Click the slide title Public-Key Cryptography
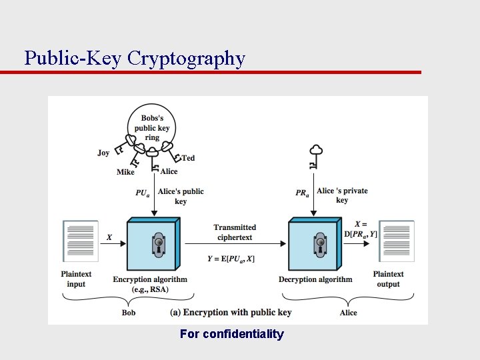[135, 59]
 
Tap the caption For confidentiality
[231, 334]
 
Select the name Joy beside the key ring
[103, 153]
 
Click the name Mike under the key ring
[125, 172]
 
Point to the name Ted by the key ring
[188, 158]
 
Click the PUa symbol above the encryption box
[143, 193]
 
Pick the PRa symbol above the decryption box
[302, 193]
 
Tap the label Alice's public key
[181, 196]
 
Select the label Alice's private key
[342, 195]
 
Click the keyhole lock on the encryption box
[158, 244]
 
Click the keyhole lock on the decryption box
[320, 244]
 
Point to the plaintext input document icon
[79, 241]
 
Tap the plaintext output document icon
[397, 241]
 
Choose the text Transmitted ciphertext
[235, 232]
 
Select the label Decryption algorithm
[315, 279]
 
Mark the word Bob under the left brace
[129, 312]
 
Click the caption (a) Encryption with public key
[231, 312]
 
